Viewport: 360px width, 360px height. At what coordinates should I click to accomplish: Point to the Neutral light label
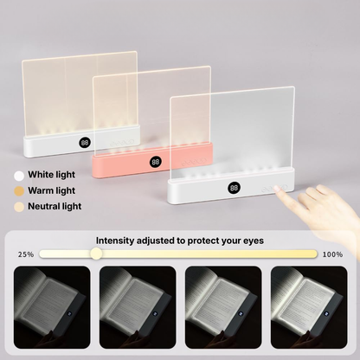(54, 207)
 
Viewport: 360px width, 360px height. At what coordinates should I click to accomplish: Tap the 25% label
(26, 254)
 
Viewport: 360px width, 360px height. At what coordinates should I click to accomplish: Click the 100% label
(331, 254)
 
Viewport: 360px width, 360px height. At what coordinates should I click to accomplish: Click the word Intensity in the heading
(116, 240)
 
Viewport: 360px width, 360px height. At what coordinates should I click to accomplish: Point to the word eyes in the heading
(251, 240)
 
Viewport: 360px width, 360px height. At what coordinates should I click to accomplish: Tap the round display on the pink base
(154, 161)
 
